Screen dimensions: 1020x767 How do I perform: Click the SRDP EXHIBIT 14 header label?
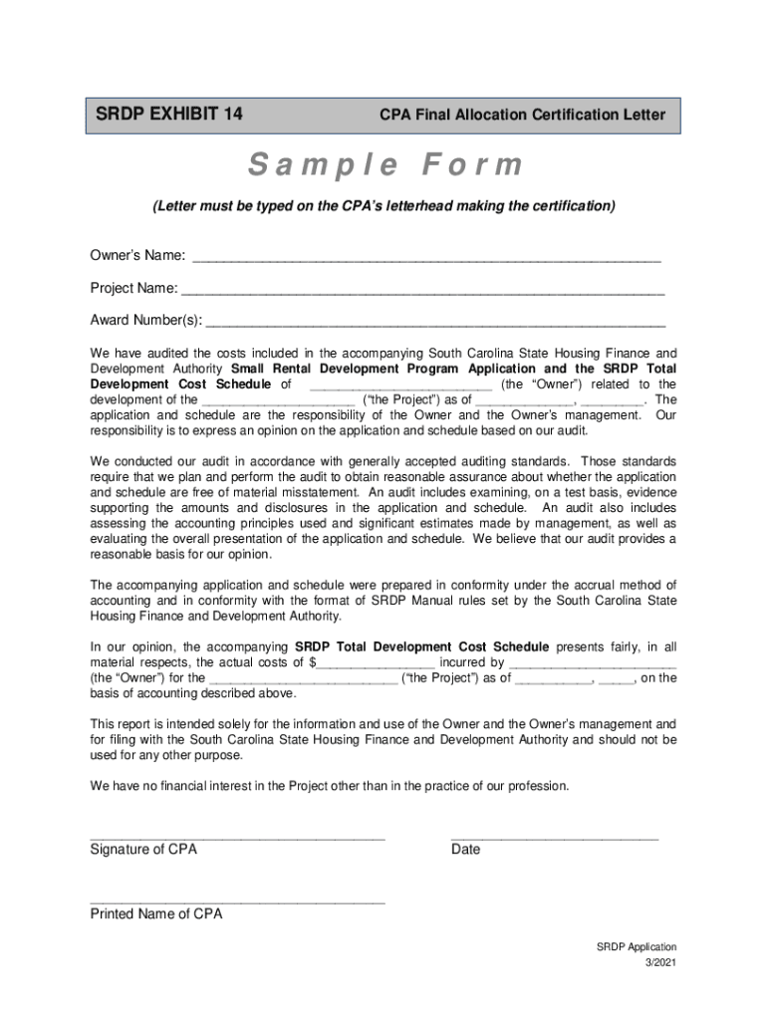[169, 114]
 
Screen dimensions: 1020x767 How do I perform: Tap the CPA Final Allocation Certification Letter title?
[522, 116]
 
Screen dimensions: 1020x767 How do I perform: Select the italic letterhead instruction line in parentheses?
[383, 206]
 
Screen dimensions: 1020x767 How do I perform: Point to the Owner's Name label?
[137, 256]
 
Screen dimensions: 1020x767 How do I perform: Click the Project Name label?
[133, 289]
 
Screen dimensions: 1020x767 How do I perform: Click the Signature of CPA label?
[143, 850]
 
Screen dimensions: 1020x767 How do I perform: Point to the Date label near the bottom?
[465, 850]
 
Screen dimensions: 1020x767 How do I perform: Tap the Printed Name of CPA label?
[156, 914]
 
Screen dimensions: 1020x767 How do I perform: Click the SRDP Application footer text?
[637, 947]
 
